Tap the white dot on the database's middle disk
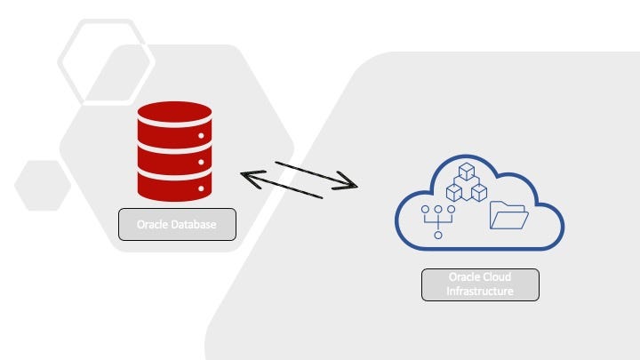[202, 163]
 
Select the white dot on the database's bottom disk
[202, 188]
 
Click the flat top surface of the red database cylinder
[174, 112]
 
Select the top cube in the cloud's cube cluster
[466, 172]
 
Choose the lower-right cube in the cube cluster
[478, 191]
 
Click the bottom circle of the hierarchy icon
[437, 236]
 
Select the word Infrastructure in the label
[480, 291]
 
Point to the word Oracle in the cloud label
[464, 277]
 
